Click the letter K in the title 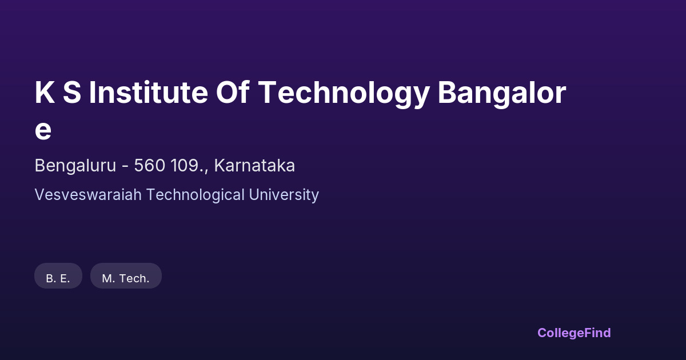click(45, 93)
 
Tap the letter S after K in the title click(72, 93)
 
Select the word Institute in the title click(148, 93)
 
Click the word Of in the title click(232, 93)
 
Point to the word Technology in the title click(344, 94)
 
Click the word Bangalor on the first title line click(502, 94)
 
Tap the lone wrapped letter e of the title click(43, 130)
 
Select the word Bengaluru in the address click(75, 166)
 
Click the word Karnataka click(254, 165)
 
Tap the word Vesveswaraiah click(88, 195)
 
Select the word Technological click(196, 195)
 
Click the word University click(284, 195)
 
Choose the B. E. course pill click(58, 275)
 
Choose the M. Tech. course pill click(126, 275)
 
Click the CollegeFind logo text click(574, 333)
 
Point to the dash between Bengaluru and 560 click(125, 167)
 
